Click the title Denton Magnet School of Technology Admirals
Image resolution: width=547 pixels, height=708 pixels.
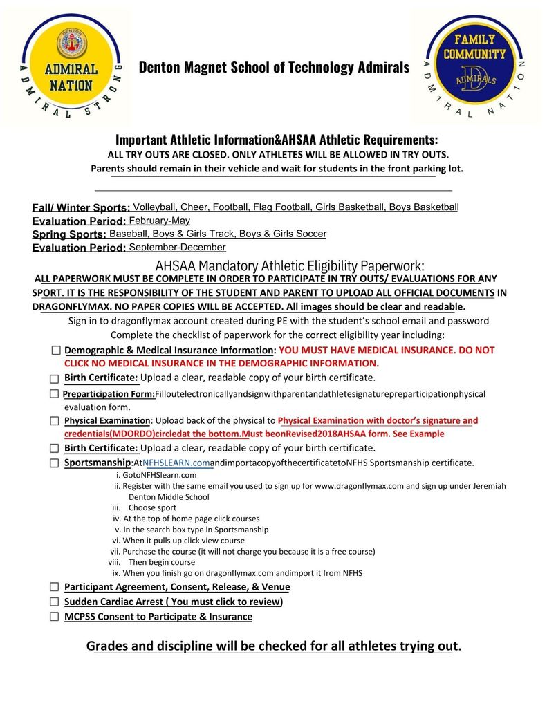point(274,67)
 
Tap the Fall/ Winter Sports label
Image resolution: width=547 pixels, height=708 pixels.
point(80,207)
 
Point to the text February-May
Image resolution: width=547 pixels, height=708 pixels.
point(159,221)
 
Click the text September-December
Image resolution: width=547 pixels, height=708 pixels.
point(177,247)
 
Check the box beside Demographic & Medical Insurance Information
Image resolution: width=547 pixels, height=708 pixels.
point(56,351)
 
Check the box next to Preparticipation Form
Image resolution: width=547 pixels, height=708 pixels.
point(54,393)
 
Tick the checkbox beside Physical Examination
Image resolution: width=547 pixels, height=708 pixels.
point(54,420)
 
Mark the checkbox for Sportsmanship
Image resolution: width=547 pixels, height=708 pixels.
point(54,463)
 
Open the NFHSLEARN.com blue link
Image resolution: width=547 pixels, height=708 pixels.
point(176,463)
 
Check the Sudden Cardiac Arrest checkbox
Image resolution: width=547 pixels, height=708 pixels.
point(54,602)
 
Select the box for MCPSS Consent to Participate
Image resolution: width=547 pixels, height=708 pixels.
point(54,617)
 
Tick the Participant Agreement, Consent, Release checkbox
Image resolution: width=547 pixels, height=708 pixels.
point(54,586)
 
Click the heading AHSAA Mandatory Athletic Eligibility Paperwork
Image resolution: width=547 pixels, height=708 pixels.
point(289,265)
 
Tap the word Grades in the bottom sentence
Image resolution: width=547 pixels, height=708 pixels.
point(108,646)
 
